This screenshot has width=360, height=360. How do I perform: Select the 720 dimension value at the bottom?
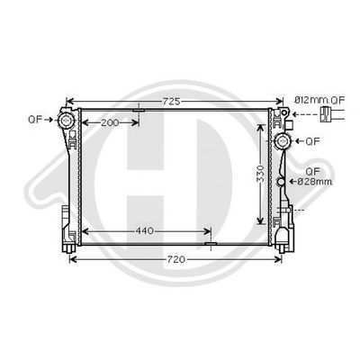[176, 259]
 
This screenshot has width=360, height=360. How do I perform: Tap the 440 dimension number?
[144, 231]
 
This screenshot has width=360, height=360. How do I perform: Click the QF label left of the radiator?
[35, 118]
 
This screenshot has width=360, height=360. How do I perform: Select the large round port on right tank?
[282, 141]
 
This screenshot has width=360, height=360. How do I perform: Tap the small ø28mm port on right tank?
[281, 182]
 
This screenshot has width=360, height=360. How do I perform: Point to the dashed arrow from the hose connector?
[310, 114]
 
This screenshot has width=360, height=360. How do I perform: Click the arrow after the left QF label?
[50, 119]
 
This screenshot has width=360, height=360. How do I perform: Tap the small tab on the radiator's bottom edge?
[210, 243]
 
